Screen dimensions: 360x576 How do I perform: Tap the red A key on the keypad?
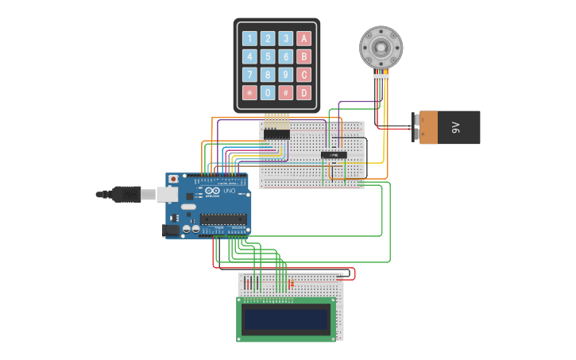pyautogui.click(x=303, y=38)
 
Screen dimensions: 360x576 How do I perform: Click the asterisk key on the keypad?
pyautogui.click(x=249, y=92)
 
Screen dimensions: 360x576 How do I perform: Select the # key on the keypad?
pyautogui.click(x=286, y=92)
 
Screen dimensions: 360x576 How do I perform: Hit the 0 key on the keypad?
pyautogui.click(x=268, y=92)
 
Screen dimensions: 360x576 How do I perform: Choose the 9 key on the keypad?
pyautogui.click(x=286, y=75)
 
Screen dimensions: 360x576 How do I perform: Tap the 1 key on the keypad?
pyautogui.click(x=249, y=38)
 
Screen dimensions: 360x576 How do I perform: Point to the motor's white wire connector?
pyautogui.click(x=382, y=77)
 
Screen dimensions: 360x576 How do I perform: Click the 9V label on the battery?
pyautogui.click(x=456, y=127)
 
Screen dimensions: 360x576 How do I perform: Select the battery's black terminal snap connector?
pyautogui.click(x=416, y=127)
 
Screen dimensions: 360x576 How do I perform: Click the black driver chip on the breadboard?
pyautogui.click(x=334, y=154)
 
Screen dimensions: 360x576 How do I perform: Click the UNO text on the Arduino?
pyautogui.click(x=228, y=192)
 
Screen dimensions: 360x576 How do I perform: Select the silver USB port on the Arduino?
pyautogui.click(x=168, y=194)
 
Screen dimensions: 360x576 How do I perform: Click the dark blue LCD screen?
pyautogui.click(x=286, y=319)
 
